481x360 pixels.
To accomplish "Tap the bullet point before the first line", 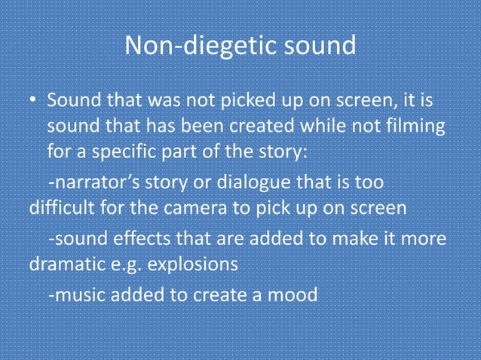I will pos(33,101).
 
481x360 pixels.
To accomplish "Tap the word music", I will pos(77,294).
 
